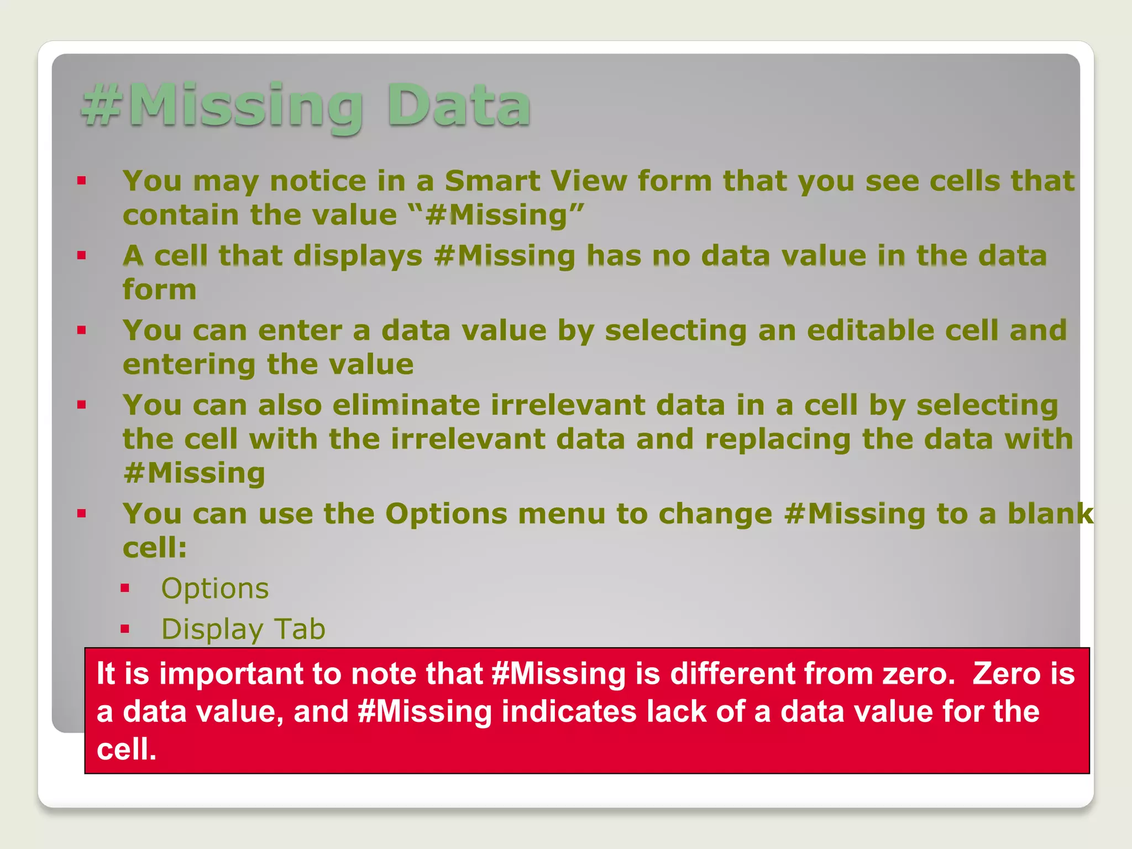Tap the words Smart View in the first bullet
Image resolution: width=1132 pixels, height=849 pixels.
(536, 181)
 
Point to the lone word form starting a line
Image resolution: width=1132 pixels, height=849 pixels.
(159, 290)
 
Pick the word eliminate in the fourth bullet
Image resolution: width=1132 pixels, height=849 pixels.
(406, 405)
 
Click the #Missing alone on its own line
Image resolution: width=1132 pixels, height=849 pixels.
(194, 474)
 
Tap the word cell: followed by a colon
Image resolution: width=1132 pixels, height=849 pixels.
(155, 548)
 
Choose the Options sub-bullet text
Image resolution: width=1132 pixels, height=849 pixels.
(214, 589)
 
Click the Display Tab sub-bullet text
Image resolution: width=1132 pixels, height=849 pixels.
(243, 630)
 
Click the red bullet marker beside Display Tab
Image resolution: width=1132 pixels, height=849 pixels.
(125, 628)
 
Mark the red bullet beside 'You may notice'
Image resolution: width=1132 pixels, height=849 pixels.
(82, 180)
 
